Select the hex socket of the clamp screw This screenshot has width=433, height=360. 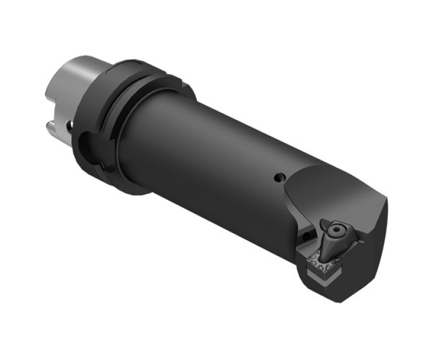point(333,229)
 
